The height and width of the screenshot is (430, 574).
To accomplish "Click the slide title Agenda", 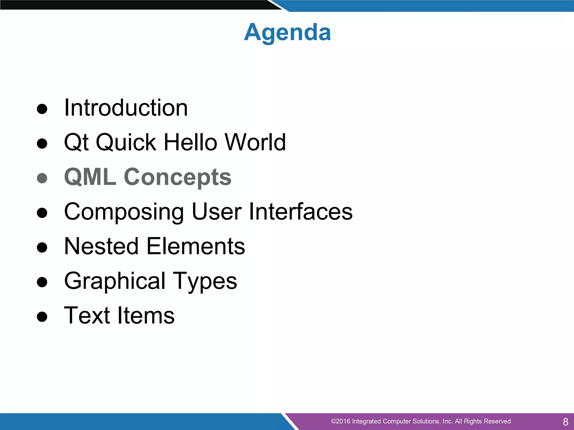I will pyautogui.click(x=287, y=32).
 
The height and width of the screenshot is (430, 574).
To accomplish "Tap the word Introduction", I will pyautogui.click(x=126, y=108).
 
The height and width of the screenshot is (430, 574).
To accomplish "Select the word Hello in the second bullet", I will pyautogui.click(x=190, y=142).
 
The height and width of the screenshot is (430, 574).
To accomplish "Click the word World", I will pyautogui.click(x=255, y=142).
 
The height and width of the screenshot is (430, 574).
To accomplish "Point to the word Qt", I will pyautogui.click(x=77, y=143).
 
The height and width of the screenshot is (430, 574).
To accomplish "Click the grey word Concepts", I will pyautogui.click(x=178, y=177).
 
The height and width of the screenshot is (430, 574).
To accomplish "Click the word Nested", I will pyautogui.click(x=101, y=246).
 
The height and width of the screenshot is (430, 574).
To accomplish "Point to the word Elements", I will pyautogui.click(x=196, y=246).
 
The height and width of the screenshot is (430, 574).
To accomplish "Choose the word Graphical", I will pyautogui.click(x=115, y=281).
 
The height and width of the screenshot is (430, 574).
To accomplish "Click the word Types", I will pyautogui.click(x=205, y=282).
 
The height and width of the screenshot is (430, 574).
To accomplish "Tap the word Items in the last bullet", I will pyautogui.click(x=146, y=316).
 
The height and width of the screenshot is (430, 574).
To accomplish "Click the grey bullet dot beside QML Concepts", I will pyautogui.click(x=42, y=178).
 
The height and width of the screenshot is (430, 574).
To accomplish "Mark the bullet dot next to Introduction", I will pyautogui.click(x=42, y=109).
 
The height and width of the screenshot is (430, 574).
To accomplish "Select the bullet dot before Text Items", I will pyautogui.click(x=42, y=317).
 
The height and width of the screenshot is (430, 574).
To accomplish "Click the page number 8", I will pyautogui.click(x=566, y=422).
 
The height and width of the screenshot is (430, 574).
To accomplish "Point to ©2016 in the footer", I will pyautogui.click(x=341, y=421).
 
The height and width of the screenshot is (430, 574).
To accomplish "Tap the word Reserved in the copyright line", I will pyautogui.click(x=497, y=421).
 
